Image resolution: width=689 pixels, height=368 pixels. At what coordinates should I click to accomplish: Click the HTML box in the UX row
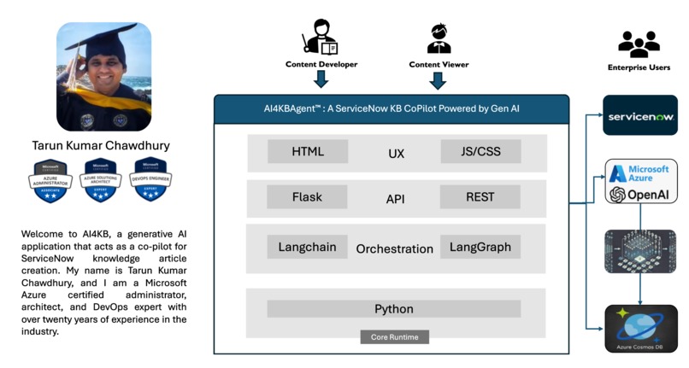(x=308, y=152)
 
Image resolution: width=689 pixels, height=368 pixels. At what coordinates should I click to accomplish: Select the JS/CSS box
(x=480, y=152)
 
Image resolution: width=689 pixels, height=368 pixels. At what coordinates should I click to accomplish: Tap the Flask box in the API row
(x=308, y=197)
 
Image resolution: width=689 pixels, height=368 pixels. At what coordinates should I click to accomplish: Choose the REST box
(x=480, y=197)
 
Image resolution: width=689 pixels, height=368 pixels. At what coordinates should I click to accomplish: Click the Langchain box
(x=308, y=247)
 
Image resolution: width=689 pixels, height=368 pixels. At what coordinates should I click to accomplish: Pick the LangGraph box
(x=480, y=247)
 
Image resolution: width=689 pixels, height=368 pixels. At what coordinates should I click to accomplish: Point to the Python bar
(x=394, y=308)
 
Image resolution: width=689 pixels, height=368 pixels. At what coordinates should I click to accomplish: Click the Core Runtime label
(x=394, y=336)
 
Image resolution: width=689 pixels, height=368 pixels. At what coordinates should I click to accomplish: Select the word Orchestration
(x=394, y=248)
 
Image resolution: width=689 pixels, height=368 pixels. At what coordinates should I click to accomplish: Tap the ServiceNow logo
(x=640, y=115)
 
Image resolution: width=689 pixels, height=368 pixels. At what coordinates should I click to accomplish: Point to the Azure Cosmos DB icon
(x=640, y=327)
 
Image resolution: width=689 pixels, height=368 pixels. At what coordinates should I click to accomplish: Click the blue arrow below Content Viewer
(x=439, y=80)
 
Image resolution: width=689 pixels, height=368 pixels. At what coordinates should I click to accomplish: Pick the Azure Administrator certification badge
(x=58, y=180)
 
